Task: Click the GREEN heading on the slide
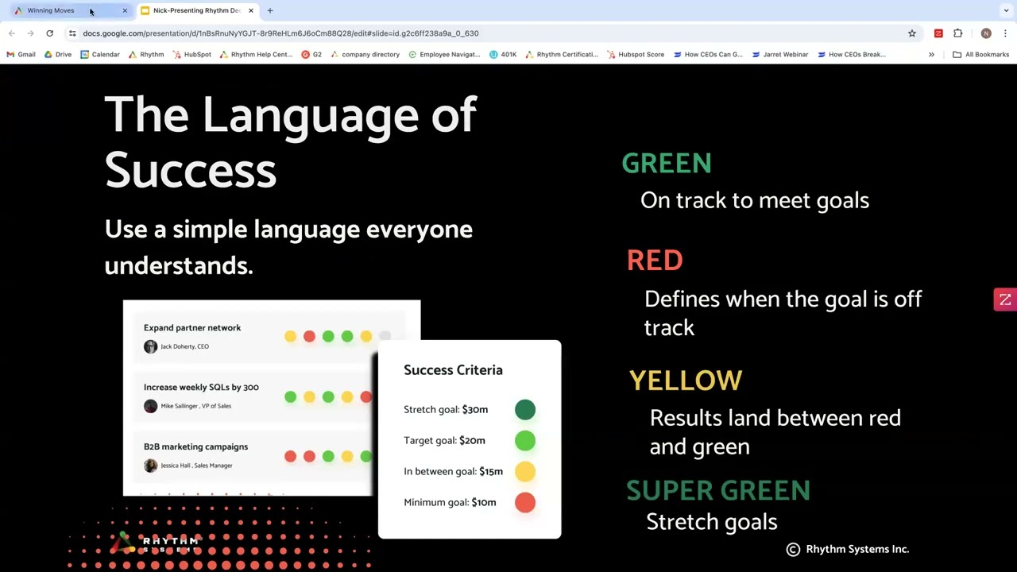[666, 163]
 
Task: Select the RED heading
[655, 261]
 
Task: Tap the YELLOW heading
[685, 381]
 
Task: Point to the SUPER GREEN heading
[717, 491]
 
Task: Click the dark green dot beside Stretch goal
[525, 409]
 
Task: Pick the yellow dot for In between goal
[525, 471]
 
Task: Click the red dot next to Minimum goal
[525, 502]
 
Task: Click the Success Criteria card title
[453, 370]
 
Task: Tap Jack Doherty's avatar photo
[150, 346]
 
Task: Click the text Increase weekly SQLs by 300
[201, 387]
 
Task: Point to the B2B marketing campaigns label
[195, 446]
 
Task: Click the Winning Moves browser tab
[51, 10]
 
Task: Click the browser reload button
[49, 33]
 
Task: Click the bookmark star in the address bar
[912, 33]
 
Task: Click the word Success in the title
[191, 170]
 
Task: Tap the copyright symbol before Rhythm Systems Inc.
[793, 549]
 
